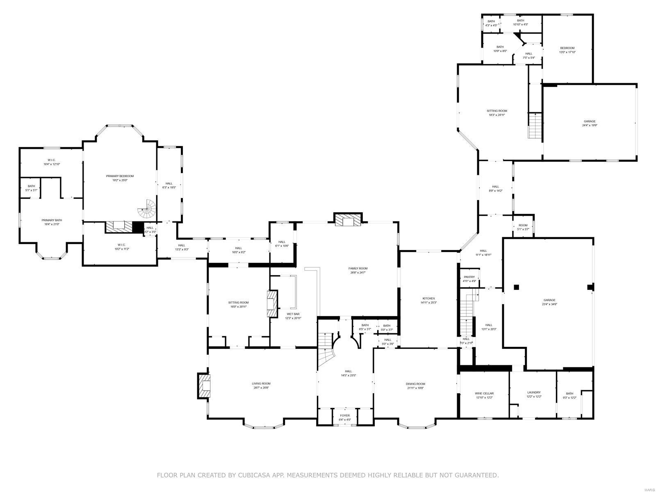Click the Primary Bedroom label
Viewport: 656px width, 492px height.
(120, 176)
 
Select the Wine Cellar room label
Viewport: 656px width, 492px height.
(484, 393)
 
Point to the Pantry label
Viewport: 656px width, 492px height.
(469, 277)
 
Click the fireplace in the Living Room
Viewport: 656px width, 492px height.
(204, 385)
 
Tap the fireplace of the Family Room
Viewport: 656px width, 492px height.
(348, 221)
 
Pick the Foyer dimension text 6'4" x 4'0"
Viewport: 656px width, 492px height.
(345, 420)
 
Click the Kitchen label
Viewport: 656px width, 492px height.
(428, 298)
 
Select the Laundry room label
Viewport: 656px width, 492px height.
(534, 392)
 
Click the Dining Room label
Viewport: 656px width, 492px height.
(416, 384)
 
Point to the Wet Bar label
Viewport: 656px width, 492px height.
(293, 314)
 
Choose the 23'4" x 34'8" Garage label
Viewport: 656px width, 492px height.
(549, 300)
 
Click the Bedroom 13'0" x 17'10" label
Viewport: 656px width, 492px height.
(567, 48)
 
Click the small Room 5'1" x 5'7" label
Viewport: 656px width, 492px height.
(523, 225)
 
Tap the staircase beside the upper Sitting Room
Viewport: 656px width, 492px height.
(535, 125)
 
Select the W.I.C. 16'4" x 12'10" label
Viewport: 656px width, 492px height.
(52, 160)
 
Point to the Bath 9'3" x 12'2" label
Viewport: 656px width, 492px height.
(569, 394)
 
